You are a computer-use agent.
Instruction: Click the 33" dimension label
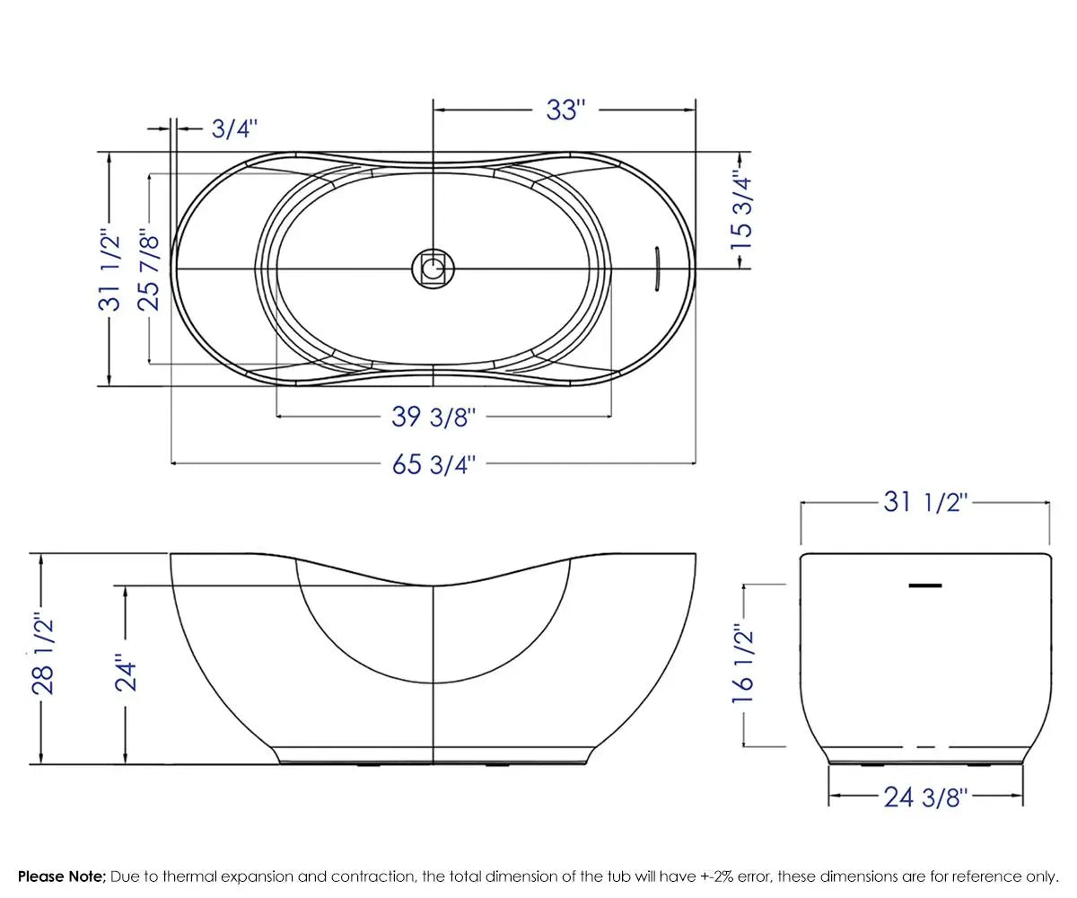tap(565, 110)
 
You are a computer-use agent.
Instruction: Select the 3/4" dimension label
tap(234, 129)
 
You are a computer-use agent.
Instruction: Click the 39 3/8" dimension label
tap(433, 417)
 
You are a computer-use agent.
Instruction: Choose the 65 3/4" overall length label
tap(433, 464)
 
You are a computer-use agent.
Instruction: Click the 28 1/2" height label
tap(43, 654)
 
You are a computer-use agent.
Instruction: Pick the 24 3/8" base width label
tap(924, 796)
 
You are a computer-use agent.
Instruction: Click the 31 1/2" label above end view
tap(924, 502)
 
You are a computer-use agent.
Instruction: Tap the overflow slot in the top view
tap(656, 269)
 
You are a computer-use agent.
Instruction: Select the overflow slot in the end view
tap(925, 585)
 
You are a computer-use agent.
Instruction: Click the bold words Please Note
tap(62, 876)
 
